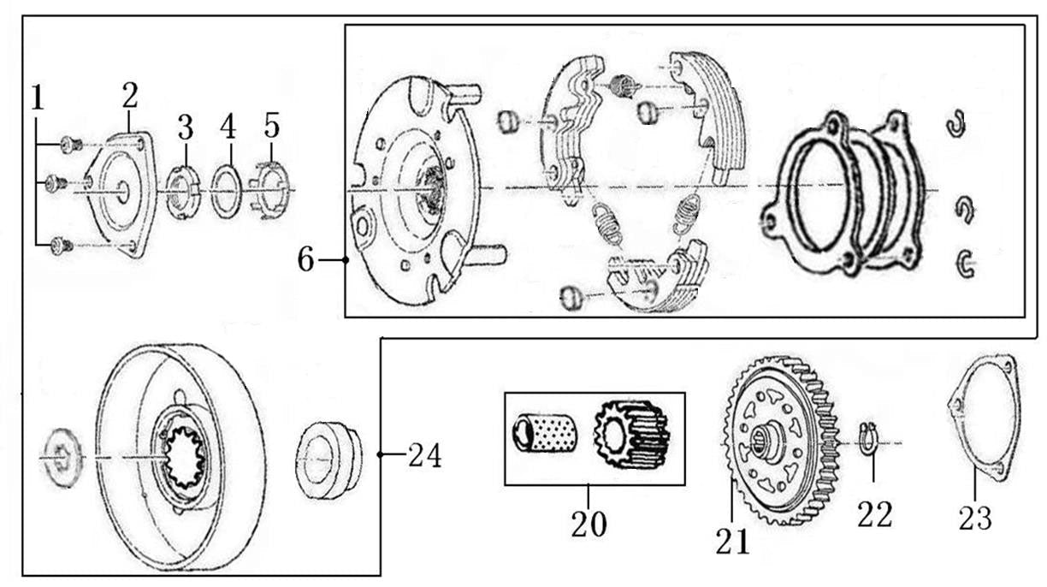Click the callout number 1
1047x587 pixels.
click(37, 98)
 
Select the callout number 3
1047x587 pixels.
click(186, 127)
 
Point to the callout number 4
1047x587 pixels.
click(227, 127)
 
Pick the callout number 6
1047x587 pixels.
click(306, 259)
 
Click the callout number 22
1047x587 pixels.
click(874, 514)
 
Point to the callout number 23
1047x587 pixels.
click(974, 517)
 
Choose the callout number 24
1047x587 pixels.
click(424, 456)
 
